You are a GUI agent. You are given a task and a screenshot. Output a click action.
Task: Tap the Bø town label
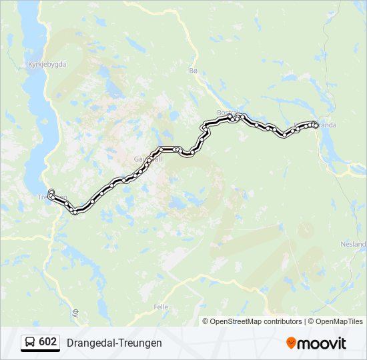pos(194,71)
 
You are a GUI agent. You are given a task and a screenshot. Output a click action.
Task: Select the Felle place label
pos(161,307)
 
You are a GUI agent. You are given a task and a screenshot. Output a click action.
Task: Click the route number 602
pos(48,342)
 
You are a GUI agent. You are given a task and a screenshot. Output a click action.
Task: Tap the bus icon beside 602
pos(30,343)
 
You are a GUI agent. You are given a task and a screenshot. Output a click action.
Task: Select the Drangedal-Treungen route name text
pos(114,343)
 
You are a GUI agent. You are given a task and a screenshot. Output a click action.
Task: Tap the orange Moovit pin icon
pos(291,343)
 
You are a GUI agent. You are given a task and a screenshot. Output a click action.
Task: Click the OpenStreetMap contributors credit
pos(256,321)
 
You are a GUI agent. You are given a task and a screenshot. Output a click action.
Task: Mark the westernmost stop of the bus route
pos(51,193)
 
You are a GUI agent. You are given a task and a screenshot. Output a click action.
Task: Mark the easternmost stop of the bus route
pos(316,125)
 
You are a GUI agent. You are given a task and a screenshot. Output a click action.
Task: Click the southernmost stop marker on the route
pos(75,212)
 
